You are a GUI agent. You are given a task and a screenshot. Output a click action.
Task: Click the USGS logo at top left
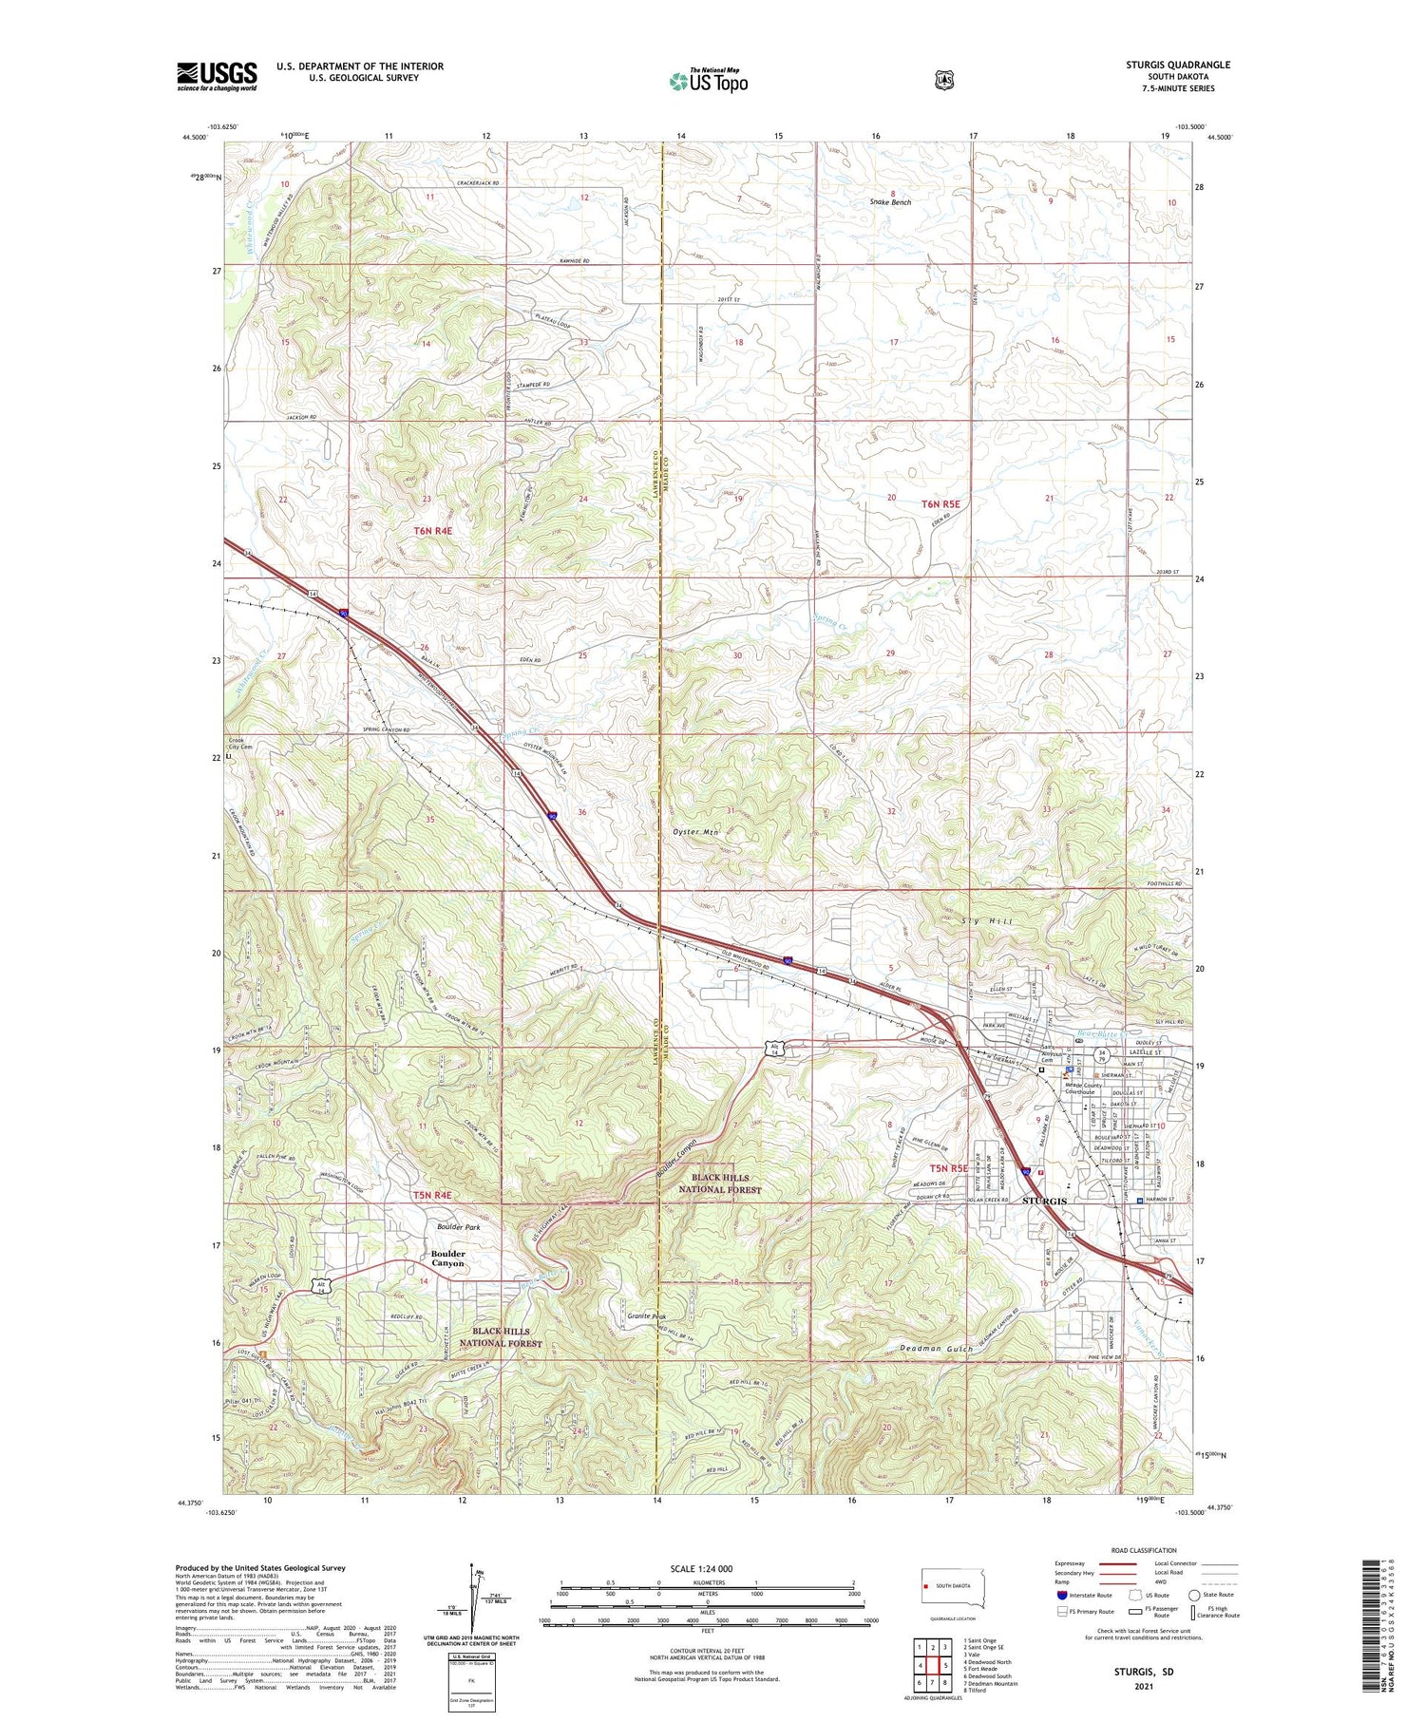click(x=217, y=76)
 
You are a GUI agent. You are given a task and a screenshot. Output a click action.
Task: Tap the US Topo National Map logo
click(x=708, y=81)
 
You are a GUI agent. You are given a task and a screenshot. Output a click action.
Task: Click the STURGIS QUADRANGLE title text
click(x=1178, y=65)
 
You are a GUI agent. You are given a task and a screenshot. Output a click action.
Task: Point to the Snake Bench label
click(x=890, y=202)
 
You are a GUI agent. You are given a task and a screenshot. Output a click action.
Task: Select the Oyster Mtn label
click(x=697, y=832)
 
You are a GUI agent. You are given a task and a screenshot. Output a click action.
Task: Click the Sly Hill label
click(x=987, y=921)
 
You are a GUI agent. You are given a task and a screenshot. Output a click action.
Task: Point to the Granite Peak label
click(x=650, y=1316)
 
